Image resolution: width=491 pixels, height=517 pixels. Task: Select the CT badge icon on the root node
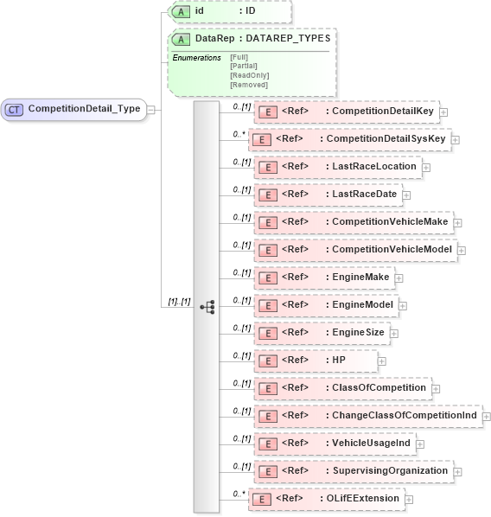pyautogui.click(x=15, y=109)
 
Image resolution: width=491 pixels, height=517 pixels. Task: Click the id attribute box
pyautogui.click(x=229, y=11)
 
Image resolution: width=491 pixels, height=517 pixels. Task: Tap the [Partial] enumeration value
pyautogui.click(x=244, y=66)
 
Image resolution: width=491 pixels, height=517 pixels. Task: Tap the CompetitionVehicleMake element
pyautogui.click(x=355, y=221)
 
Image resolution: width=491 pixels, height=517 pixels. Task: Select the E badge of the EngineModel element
pyautogui.click(x=267, y=305)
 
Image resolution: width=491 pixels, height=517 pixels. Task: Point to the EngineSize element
pyautogui.click(x=324, y=332)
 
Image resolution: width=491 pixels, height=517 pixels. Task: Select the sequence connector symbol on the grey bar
pyautogui.click(x=207, y=306)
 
